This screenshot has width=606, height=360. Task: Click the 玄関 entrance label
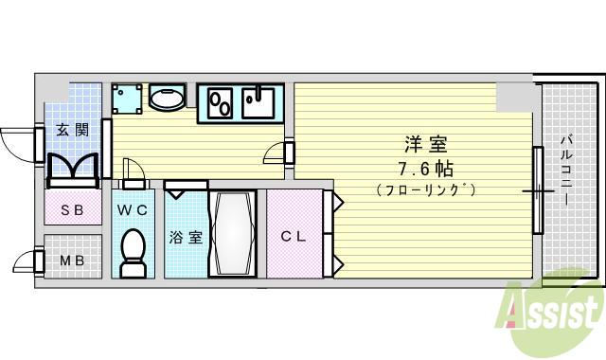tap(71, 130)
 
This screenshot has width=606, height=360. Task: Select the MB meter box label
tap(72, 260)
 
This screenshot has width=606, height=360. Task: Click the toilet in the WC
tap(133, 252)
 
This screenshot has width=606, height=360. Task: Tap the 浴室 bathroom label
tap(185, 237)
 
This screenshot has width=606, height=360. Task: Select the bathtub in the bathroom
tap(231, 233)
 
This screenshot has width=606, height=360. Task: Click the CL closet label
tap(293, 237)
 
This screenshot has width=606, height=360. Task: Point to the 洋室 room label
tap(426, 145)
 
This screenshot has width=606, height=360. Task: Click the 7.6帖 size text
tap(426, 169)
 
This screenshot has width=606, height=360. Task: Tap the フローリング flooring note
tap(426, 189)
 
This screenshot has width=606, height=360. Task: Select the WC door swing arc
tap(134, 170)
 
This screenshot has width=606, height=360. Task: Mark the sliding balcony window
tap(537, 189)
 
